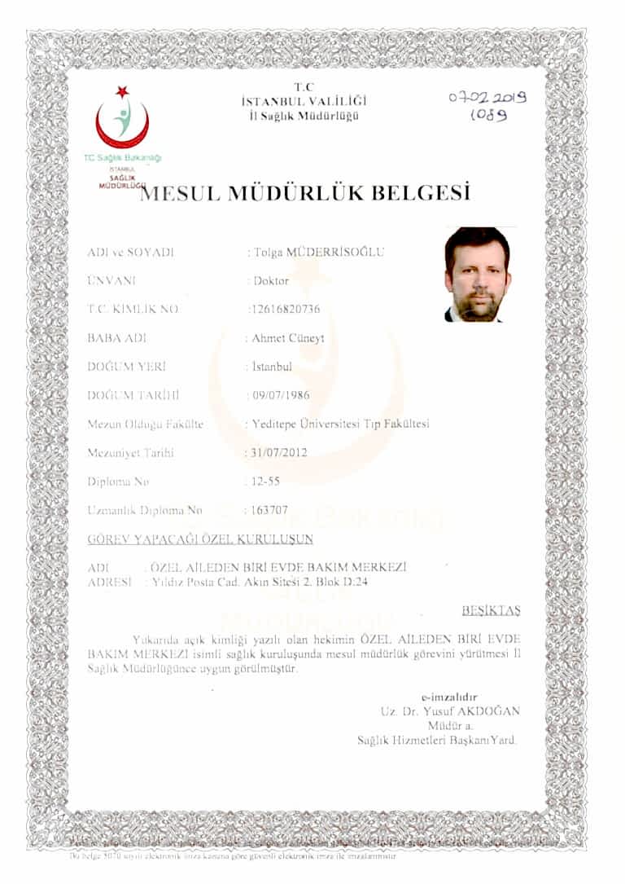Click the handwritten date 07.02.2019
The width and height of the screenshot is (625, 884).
coord(487,98)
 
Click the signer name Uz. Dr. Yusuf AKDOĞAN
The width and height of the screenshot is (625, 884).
coord(450,711)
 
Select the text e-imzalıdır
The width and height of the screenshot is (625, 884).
coord(449,697)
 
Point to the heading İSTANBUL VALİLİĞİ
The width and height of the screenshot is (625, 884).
coord(304,102)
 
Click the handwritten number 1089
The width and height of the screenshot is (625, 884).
coord(488,115)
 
